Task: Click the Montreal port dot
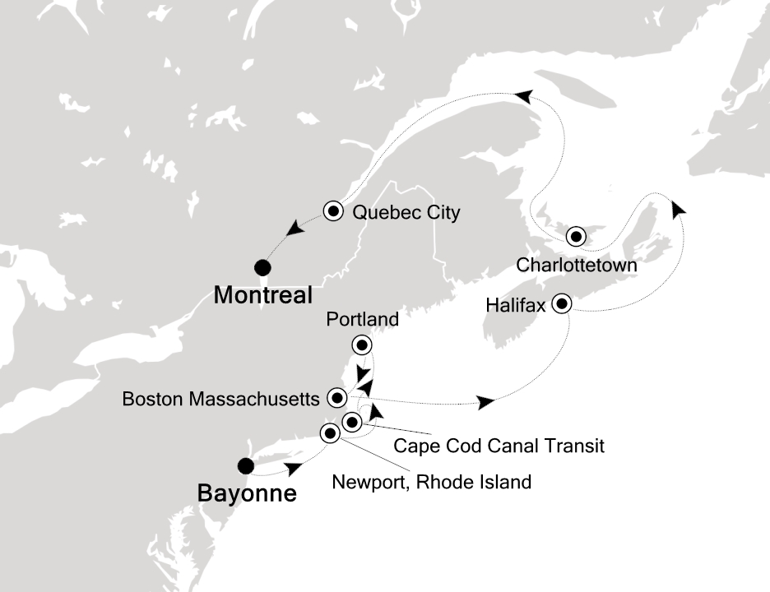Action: click(x=262, y=266)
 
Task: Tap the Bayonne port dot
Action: click(x=244, y=466)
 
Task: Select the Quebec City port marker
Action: click(x=334, y=211)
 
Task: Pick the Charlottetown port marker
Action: click(x=577, y=238)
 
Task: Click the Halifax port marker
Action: click(x=563, y=303)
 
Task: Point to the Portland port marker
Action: click(x=360, y=345)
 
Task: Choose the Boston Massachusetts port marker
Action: click(x=336, y=398)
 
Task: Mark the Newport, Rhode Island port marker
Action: click(x=330, y=433)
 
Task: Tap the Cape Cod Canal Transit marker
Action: click(x=352, y=423)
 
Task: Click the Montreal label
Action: click(x=263, y=295)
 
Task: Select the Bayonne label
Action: click(x=246, y=495)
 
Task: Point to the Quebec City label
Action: click(x=406, y=213)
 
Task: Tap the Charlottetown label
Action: click(x=577, y=266)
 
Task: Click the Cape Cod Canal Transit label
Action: click(x=499, y=446)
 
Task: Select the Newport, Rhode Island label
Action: click(x=431, y=482)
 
